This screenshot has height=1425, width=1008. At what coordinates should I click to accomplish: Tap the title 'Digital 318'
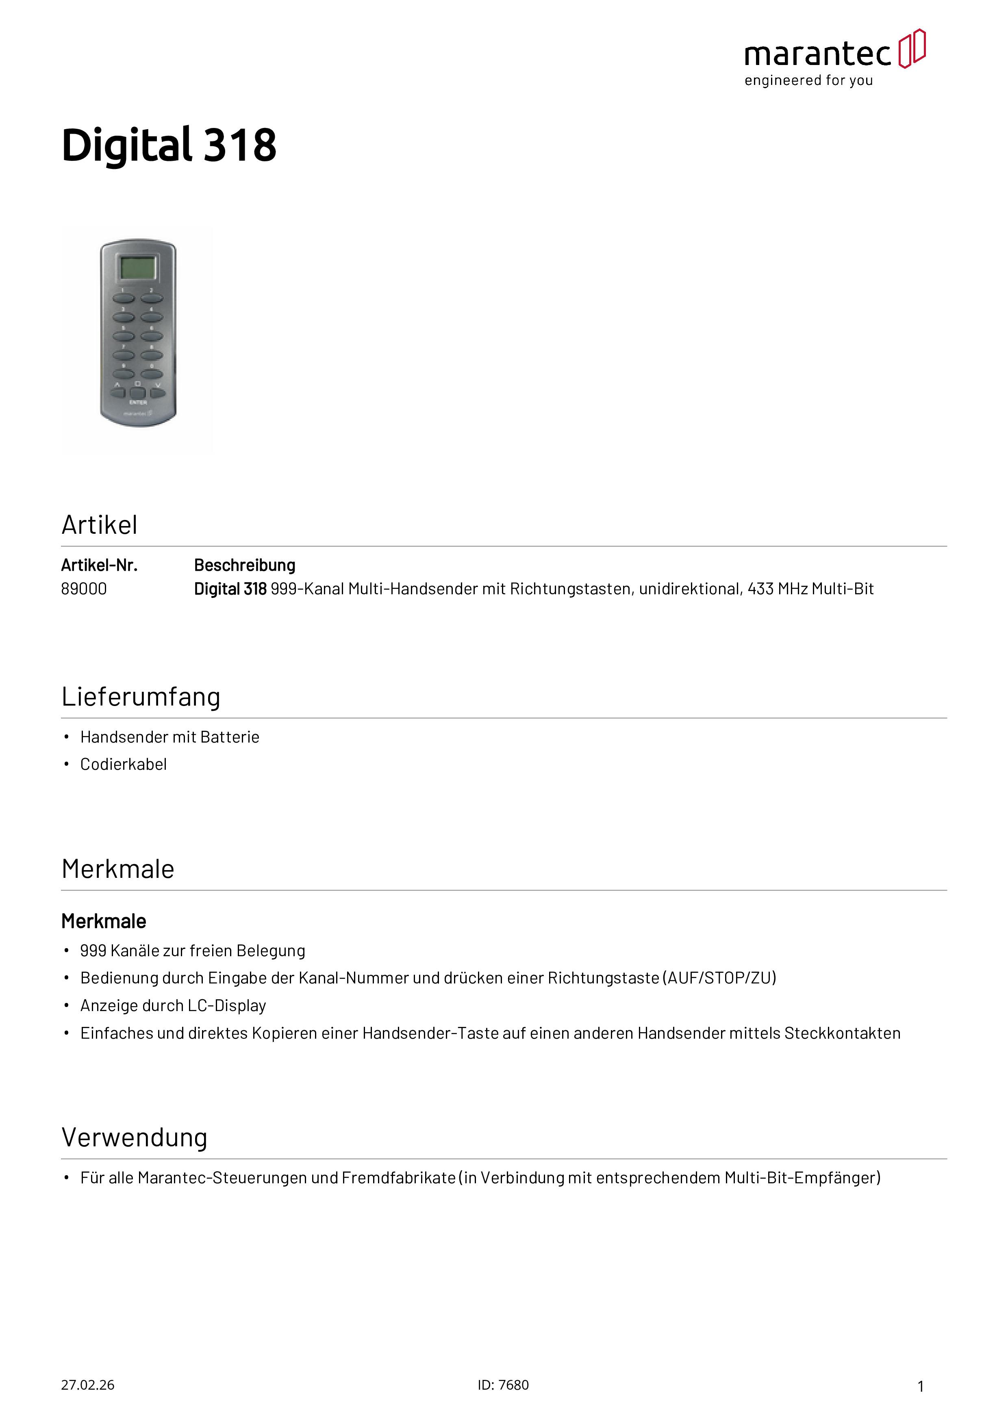pos(169,145)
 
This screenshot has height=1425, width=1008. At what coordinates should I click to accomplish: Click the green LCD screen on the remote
pos(137,268)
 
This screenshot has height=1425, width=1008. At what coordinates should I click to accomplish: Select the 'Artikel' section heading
pos(99,525)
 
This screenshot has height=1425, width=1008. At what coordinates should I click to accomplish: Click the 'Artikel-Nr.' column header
pos(99,565)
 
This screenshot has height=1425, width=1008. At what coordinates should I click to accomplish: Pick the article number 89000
pos(84,589)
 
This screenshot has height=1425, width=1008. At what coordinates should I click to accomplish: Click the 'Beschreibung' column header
pos(245,565)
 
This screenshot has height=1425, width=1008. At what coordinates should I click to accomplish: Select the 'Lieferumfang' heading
pos(141,697)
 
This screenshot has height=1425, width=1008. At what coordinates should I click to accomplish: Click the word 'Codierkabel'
pos(124,764)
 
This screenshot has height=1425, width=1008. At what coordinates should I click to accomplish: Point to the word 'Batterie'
pos(229,737)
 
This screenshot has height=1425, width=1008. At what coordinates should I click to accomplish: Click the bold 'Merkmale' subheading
pos(104,922)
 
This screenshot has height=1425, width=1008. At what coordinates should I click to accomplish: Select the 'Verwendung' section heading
pos(134,1138)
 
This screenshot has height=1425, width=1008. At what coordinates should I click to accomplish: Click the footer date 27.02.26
pos(87,1385)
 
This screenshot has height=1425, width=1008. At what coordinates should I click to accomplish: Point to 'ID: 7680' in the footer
pos(503,1385)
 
